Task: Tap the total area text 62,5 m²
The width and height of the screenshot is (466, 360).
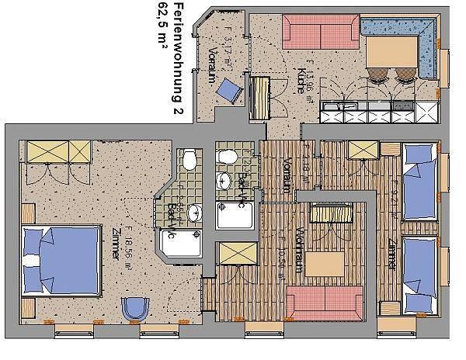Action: [x=162, y=28]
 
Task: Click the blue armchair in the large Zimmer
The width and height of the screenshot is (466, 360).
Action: [x=135, y=308]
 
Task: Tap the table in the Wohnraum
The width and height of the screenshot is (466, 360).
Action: [x=322, y=263]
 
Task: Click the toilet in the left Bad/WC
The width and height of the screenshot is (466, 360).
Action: [x=189, y=161]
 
